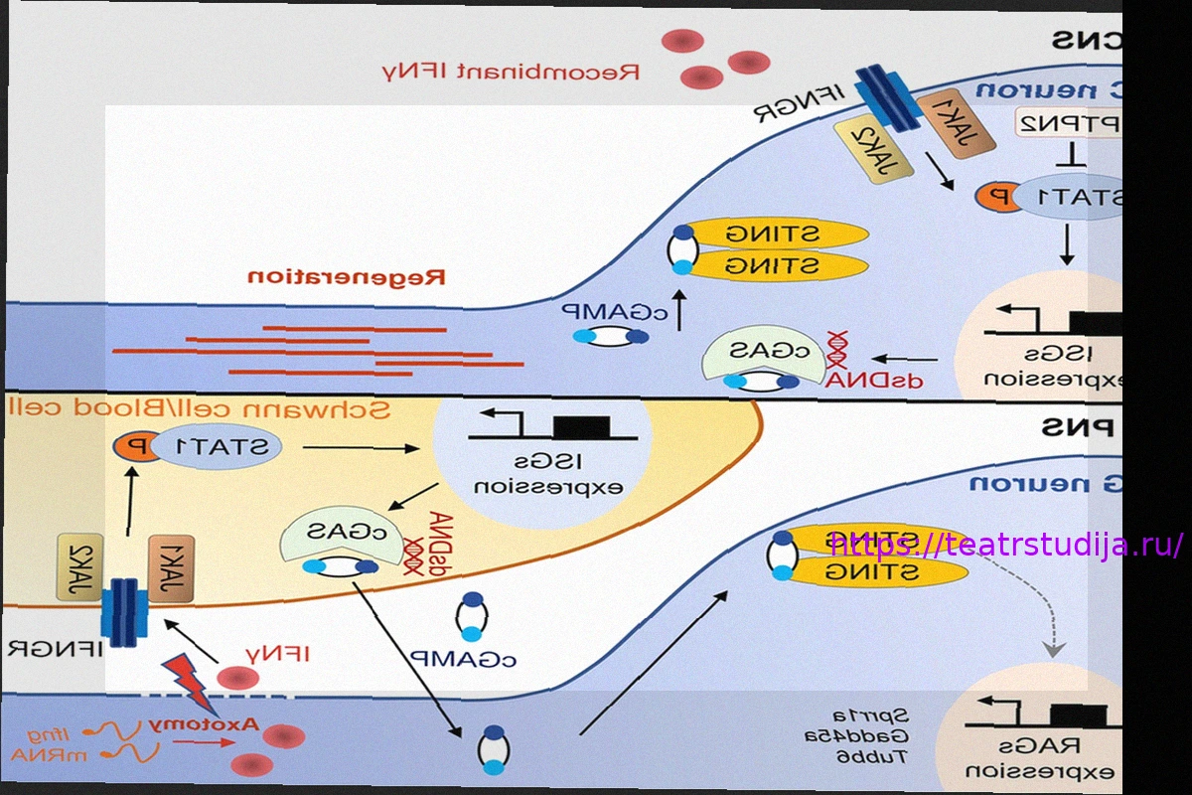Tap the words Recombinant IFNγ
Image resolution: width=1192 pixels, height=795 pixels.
click(x=511, y=72)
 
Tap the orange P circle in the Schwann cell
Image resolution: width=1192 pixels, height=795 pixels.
click(x=133, y=449)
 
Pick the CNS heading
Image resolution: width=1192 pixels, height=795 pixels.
click(x=1088, y=41)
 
